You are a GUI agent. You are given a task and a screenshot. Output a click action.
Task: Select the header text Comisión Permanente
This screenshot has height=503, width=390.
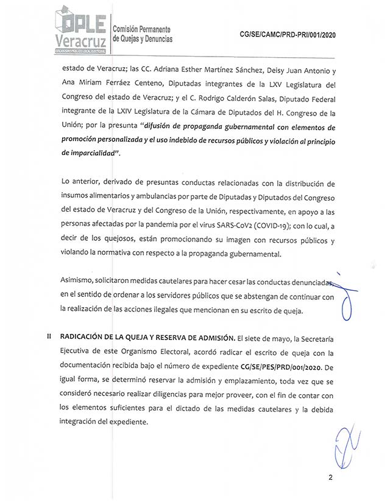click(x=141, y=29)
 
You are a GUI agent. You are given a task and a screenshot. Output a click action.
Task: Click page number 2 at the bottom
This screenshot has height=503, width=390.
click(x=330, y=477)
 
